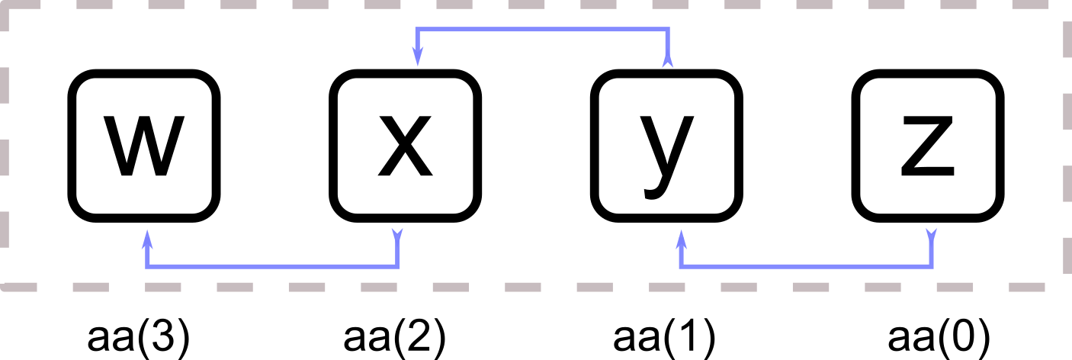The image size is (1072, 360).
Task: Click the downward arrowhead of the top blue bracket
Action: point(417,57)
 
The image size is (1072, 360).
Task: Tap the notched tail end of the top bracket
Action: point(668,60)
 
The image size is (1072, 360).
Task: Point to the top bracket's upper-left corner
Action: point(417,30)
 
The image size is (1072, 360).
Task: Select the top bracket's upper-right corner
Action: point(668,30)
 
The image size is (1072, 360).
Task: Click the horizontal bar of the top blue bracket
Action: point(542,30)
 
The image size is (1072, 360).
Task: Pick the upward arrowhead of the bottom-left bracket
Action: point(147,239)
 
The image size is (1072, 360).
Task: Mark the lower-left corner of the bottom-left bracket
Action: point(147,266)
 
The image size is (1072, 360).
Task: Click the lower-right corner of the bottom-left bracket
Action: point(397,266)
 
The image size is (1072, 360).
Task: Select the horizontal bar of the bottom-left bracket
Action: point(272,266)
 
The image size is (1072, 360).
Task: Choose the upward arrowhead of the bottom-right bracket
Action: point(681,239)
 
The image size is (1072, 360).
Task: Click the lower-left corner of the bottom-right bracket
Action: point(681,266)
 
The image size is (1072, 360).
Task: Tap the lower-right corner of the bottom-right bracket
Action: point(931,266)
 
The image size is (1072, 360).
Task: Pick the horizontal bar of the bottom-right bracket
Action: point(806,266)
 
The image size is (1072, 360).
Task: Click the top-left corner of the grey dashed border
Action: point(5,5)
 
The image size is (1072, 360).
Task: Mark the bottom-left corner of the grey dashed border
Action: point(5,287)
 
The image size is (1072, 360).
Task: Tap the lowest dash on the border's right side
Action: point(1067,255)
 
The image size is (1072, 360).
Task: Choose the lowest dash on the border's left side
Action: point(5,230)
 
